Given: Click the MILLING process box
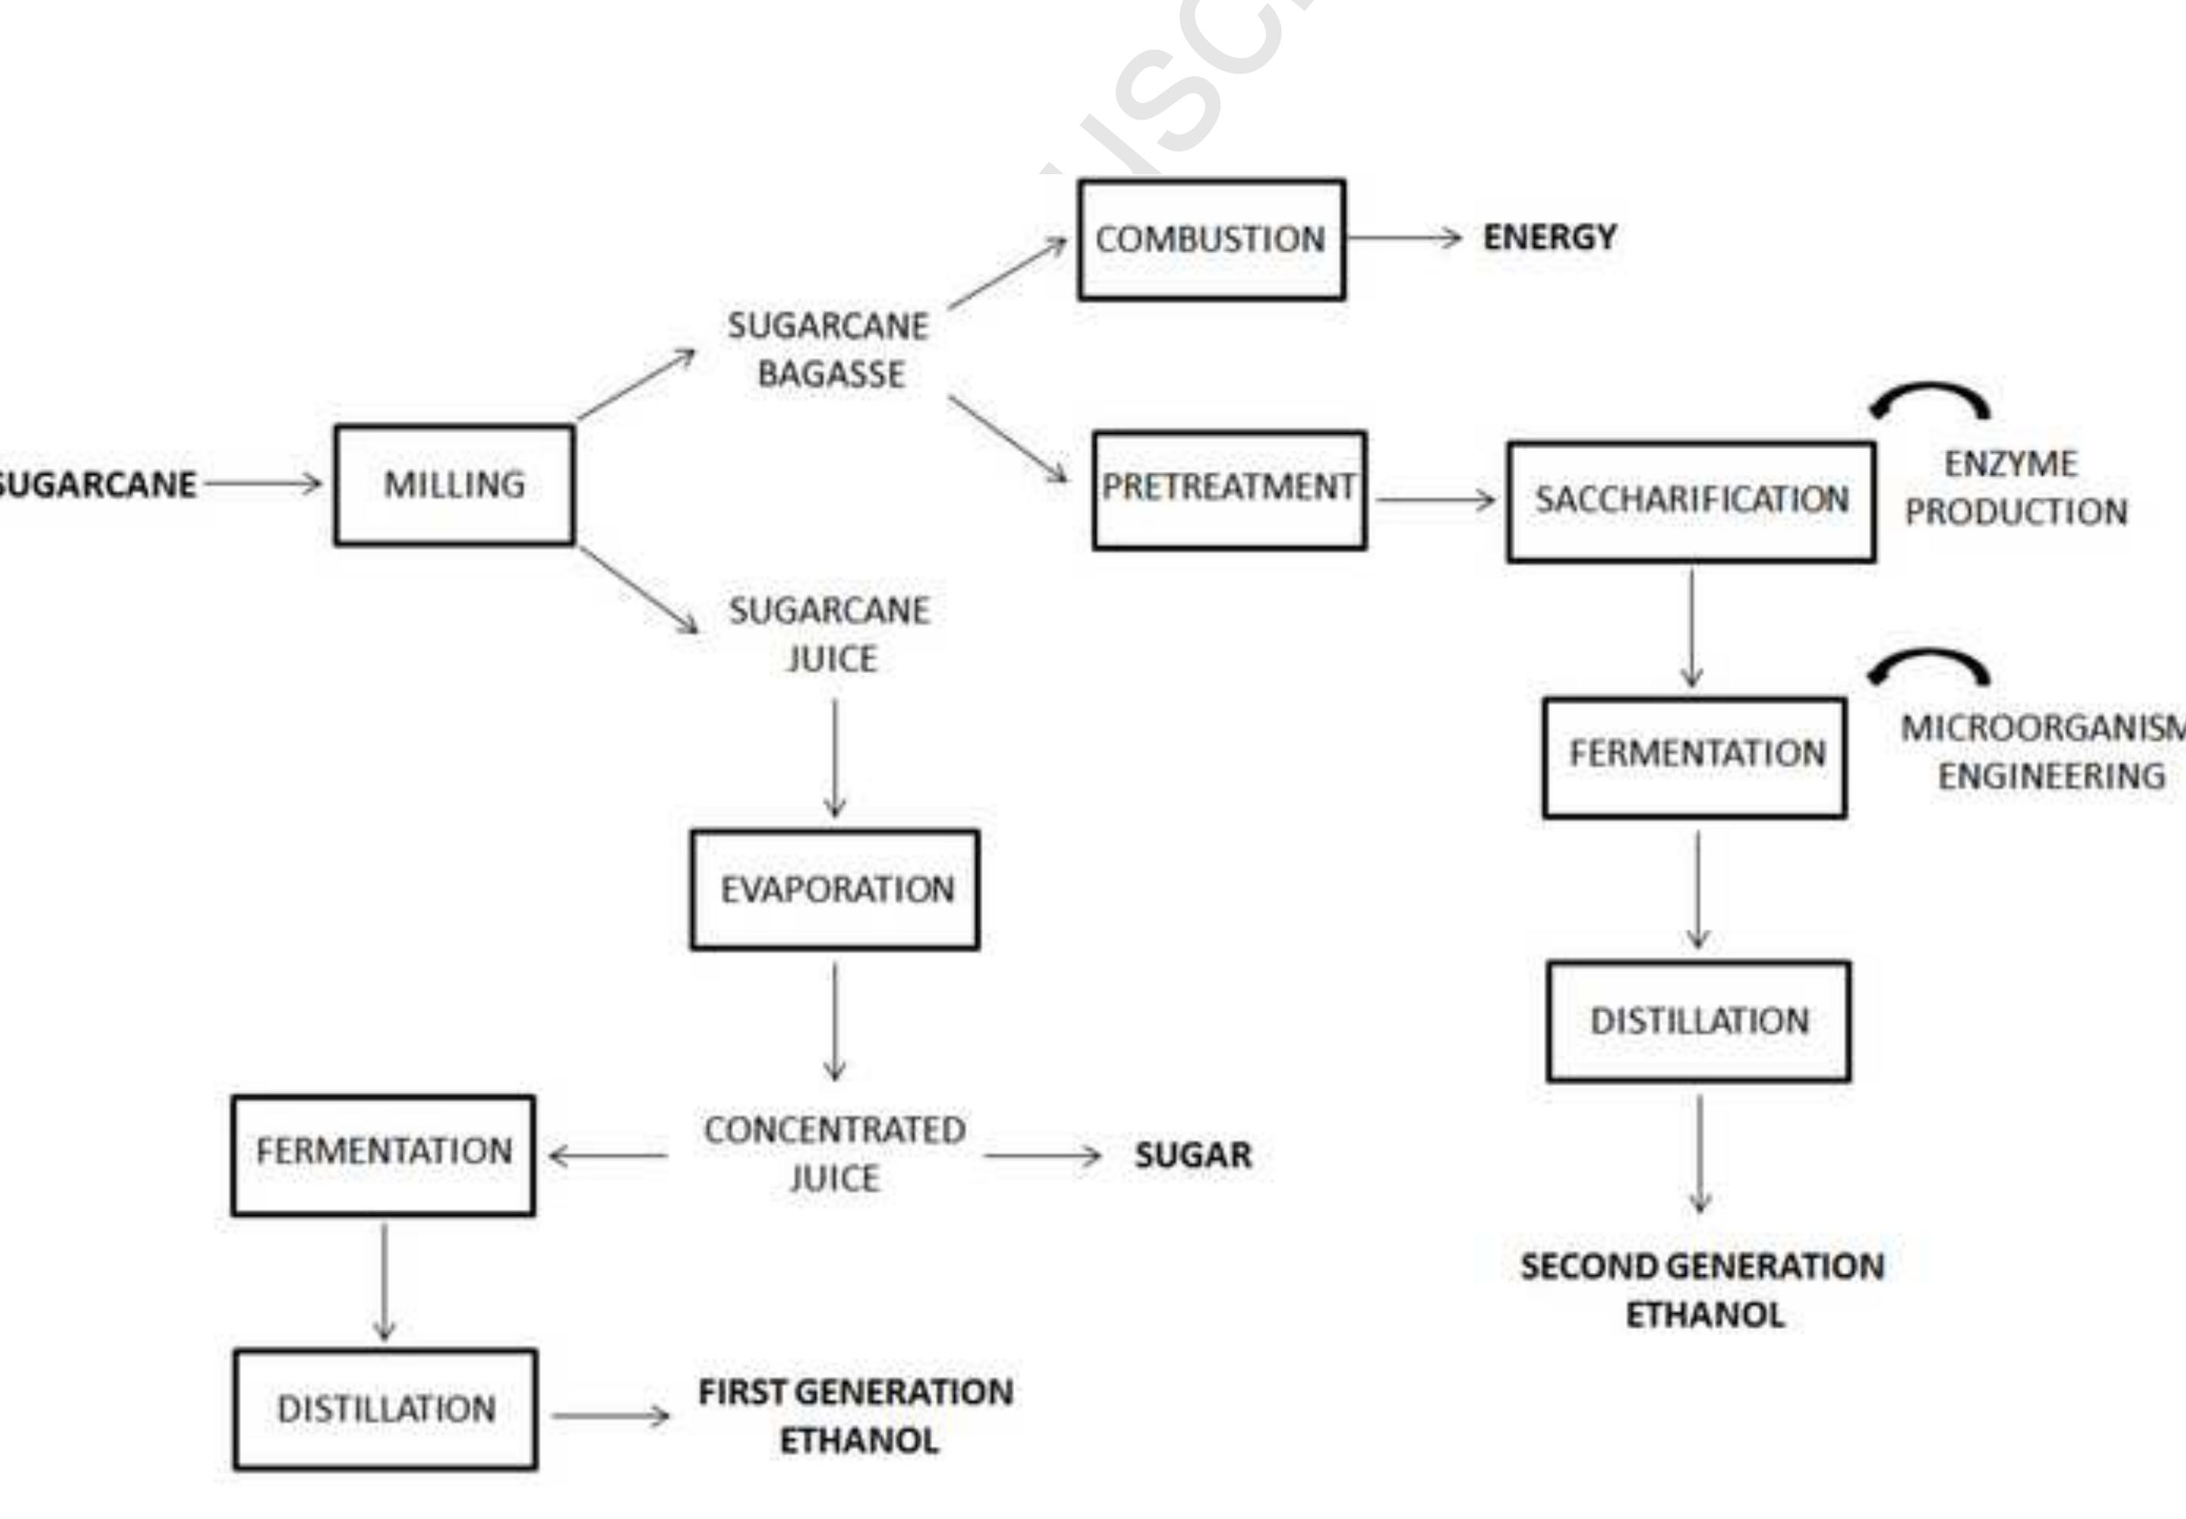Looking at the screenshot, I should coord(454,485).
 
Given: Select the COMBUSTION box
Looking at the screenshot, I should coord(1211,239).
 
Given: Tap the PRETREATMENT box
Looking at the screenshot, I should coord(1229,489).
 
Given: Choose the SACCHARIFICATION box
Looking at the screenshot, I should coord(1691,501).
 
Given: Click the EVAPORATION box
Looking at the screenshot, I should coord(834,890).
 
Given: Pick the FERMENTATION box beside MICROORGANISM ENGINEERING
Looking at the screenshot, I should coord(1695,756).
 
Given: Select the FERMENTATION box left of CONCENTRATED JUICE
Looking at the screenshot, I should coord(384,1155).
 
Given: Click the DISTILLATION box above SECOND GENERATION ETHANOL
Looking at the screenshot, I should coord(1698,1022).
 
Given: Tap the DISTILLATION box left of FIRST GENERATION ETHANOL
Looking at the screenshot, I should coord(385,1408).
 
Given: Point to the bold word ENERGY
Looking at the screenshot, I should coord(1549,237).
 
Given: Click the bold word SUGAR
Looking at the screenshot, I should coord(1193,1156).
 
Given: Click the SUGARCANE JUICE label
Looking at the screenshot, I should coord(830,634).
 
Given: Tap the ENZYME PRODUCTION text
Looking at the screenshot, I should coord(2015,488).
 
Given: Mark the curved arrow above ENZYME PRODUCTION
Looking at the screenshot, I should coord(1930,400).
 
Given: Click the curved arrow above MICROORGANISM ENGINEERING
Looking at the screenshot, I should coord(1929,666).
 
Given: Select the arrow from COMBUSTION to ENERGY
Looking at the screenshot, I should coord(1405,238).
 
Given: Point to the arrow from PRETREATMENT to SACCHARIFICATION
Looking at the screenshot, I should coord(1435,500).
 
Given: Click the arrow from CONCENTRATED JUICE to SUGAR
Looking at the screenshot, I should coord(1042,1156).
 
